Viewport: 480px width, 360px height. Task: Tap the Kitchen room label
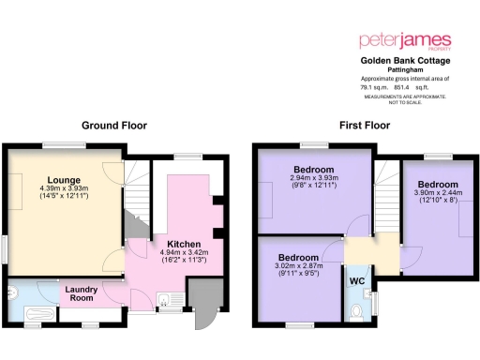[172, 242]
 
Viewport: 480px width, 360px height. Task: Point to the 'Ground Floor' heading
[113, 125]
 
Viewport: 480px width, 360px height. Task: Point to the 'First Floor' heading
[365, 125]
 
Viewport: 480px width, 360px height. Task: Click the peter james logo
[406, 42]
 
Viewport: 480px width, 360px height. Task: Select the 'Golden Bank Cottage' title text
[406, 60]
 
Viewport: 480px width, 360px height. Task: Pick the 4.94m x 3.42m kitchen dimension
[172, 252]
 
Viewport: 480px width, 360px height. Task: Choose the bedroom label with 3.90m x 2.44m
[437, 184]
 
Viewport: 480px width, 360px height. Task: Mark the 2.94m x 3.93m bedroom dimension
[307, 180]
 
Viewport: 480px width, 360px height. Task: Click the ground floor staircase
[138, 197]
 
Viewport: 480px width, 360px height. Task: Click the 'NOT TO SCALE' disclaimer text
[406, 102]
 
